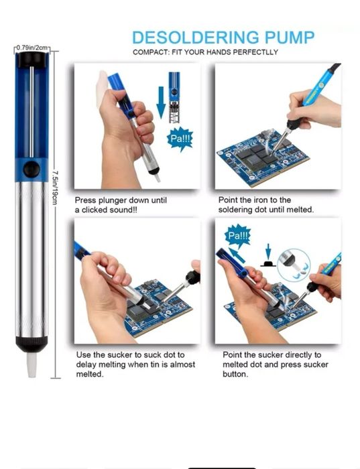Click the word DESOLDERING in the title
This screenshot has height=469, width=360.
click(196, 38)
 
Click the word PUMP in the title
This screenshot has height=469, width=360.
click(290, 38)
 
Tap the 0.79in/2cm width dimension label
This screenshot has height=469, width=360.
click(32, 48)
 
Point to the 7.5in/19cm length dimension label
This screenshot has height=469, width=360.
click(55, 188)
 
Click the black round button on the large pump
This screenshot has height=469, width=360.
click(32, 170)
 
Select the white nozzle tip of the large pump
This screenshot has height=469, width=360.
click(32, 364)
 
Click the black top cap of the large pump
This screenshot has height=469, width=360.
click(32, 60)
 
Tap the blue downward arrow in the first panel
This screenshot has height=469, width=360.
click(161, 103)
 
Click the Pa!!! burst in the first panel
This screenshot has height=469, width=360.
click(180, 139)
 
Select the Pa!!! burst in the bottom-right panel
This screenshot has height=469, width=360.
click(238, 236)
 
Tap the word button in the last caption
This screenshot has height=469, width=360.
click(235, 374)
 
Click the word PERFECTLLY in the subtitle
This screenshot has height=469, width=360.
click(255, 52)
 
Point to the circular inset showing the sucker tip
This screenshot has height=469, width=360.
click(294, 265)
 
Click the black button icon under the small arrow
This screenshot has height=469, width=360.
click(268, 263)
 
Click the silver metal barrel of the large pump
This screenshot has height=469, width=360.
click(32, 259)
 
